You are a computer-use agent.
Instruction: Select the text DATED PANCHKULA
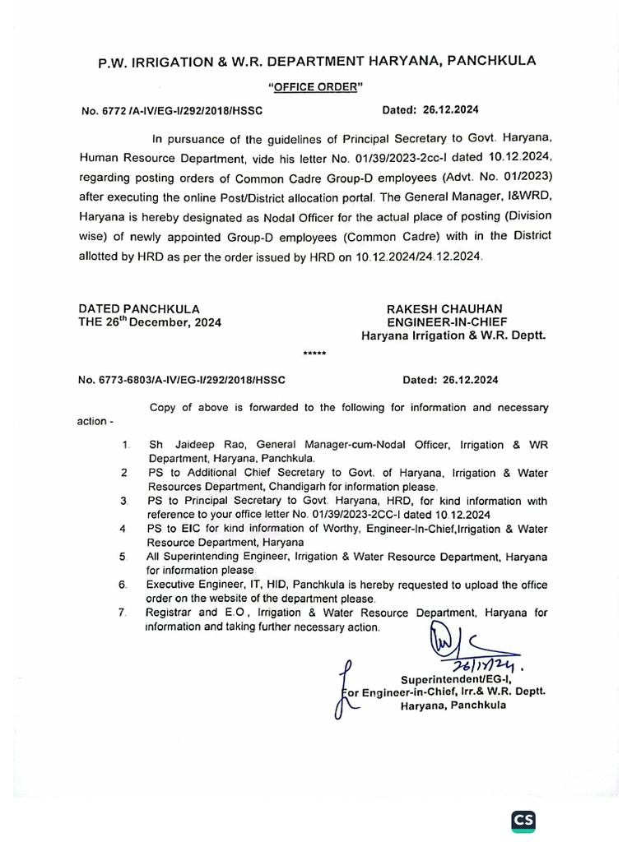[138, 308]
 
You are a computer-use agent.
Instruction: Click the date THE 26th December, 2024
[150, 322]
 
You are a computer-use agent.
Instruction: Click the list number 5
[122, 557]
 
